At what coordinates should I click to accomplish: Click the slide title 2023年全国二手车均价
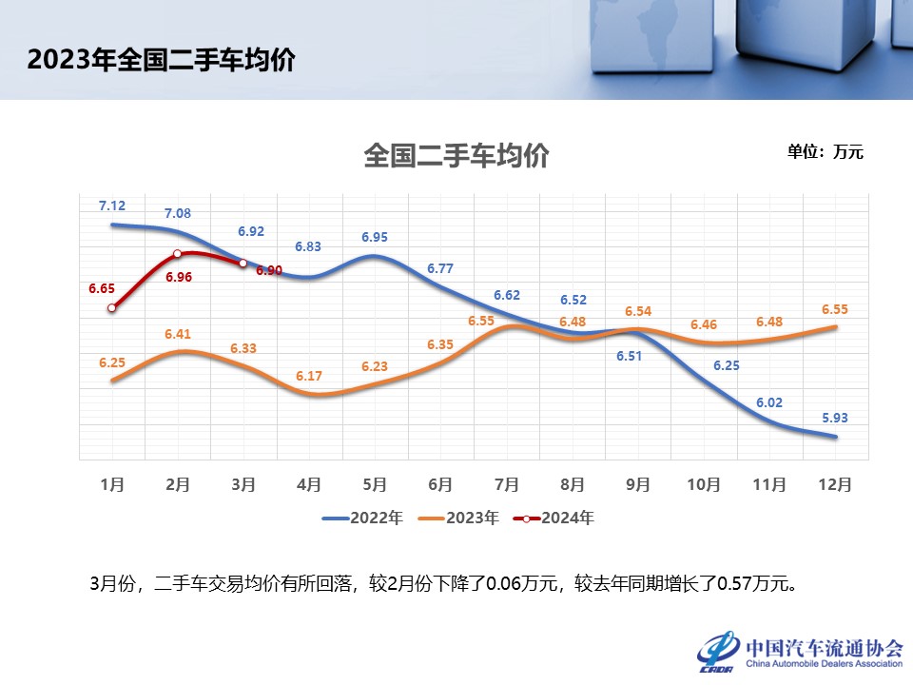pos(161,60)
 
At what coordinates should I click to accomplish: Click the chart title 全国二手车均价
pos(456,156)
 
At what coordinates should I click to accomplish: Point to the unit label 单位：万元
pos(825,151)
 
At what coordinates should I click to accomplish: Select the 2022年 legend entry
pos(362,519)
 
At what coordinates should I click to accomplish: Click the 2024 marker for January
pos(112,307)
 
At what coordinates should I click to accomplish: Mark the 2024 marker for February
pos(178,254)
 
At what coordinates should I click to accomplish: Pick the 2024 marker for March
pos(243,263)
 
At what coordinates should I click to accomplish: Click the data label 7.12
pos(112,205)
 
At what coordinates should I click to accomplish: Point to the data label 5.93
pos(836,417)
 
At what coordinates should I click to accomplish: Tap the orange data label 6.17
pos(309,376)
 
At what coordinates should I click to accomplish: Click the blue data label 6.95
pos(375,236)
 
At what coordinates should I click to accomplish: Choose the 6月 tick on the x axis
pos(440,484)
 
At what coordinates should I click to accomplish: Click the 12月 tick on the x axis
pos(834,484)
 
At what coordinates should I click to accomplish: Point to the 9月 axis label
pos(637,484)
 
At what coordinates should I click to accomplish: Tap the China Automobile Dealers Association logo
pos(800,652)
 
